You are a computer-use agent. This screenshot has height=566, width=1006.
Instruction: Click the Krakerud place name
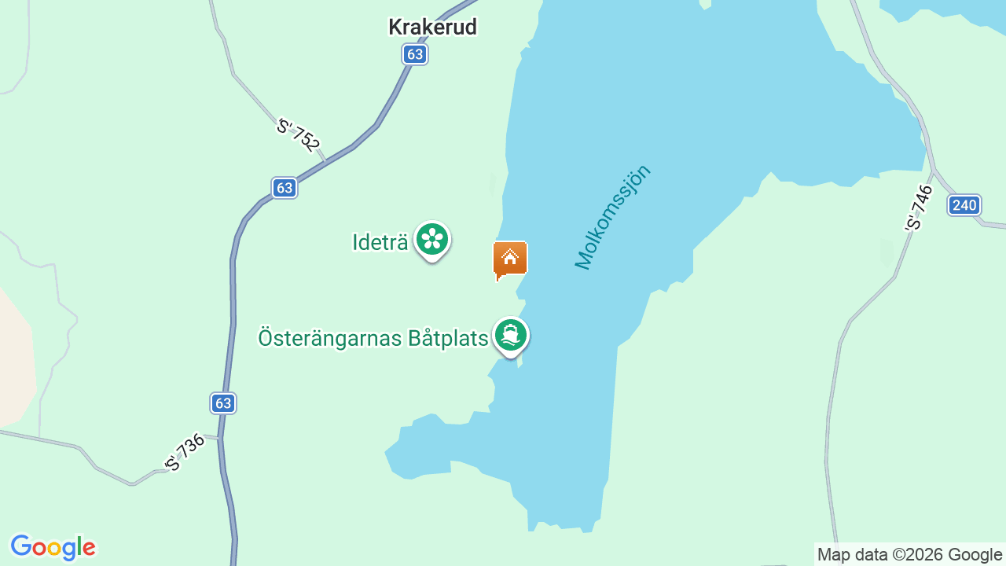coord(432,28)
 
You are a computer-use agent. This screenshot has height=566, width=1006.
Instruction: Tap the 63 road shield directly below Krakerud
coord(415,54)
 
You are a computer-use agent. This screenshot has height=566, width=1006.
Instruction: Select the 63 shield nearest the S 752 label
coord(285,188)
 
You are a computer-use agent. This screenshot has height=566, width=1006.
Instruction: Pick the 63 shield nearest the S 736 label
coord(223,403)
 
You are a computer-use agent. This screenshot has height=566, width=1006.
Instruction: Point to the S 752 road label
coord(299,134)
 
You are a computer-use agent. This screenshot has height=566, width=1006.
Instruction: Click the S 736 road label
coord(185,453)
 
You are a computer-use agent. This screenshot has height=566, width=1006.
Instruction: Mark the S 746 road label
coord(919,208)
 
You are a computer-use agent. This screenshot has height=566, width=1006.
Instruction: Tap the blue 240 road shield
coord(964,206)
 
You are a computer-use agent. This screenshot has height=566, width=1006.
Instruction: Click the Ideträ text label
coord(380,242)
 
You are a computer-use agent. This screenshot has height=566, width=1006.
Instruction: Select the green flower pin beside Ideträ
coord(431,239)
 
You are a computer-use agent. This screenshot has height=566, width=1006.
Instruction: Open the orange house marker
coord(510,259)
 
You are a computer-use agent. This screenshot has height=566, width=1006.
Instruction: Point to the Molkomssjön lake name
coord(614,217)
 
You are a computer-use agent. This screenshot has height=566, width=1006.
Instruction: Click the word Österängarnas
coord(329,339)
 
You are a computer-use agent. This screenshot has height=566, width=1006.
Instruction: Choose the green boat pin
coord(511,336)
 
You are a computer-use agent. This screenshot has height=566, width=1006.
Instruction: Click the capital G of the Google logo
coord(21,547)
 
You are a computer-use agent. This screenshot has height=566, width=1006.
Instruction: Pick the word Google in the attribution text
coord(975,554)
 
